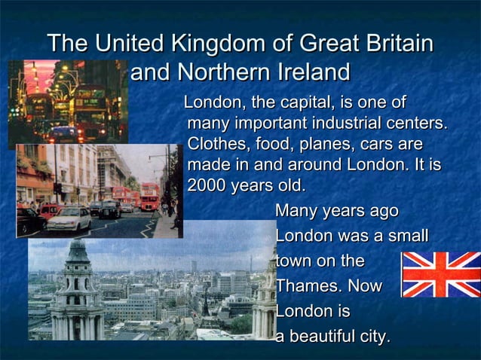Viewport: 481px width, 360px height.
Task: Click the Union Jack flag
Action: point(441,274)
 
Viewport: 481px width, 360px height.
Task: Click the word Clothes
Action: point(218,143)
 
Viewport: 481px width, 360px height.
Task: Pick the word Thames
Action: point(305,286)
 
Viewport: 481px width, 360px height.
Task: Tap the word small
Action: point(408,236)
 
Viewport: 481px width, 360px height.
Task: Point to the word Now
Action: point(365,286)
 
